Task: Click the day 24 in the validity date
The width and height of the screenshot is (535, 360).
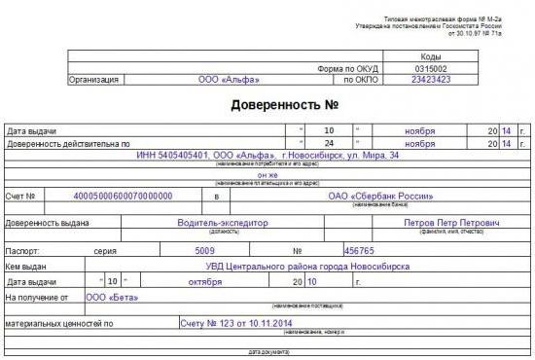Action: pyautogui.click(x=330, y=142)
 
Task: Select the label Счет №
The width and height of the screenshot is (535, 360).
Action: pyautogui.click(x=23, y=196)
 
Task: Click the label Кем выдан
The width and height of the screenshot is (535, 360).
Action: pyautogui.click(x=26, y=266)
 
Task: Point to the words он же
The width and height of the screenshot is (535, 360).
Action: pyautogui.click(x=266, y=174)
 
